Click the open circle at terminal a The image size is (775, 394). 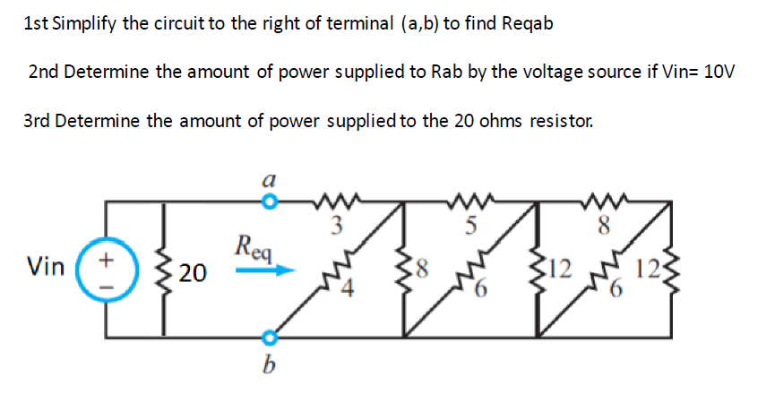266,203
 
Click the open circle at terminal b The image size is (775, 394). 266,338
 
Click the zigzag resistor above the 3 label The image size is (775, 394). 338,200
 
